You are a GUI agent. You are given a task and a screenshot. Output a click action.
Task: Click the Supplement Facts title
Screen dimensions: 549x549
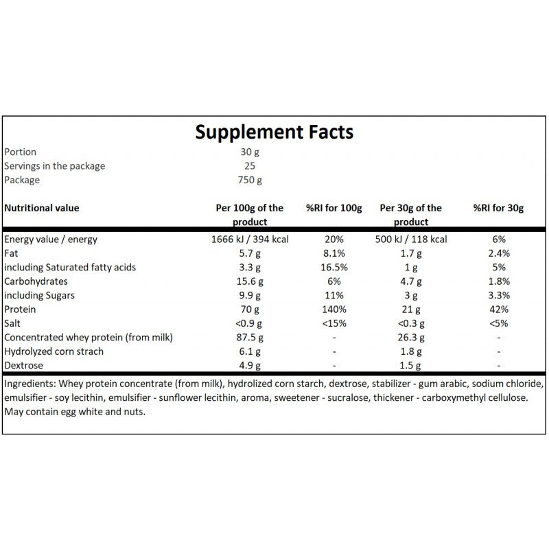pos(274,132)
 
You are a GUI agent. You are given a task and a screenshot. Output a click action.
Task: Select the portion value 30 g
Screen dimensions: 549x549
pos(250,152)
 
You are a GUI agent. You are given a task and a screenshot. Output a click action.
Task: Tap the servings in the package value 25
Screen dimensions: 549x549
pos(250,165)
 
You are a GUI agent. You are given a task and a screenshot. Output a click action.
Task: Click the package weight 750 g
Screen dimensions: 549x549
pos(250,180)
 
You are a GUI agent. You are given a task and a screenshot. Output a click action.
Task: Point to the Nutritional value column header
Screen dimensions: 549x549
pos(42,208)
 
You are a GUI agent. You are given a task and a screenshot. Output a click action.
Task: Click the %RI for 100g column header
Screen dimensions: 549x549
pos(334,208)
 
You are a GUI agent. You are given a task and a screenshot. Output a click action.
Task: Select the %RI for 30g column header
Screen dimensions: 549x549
pos(498,208)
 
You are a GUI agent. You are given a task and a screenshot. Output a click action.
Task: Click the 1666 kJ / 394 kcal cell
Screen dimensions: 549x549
pos(250,239)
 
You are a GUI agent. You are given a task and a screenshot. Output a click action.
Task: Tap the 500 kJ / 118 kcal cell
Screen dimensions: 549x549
pos(410,239)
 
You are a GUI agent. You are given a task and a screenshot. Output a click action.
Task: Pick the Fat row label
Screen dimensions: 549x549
pos(11,253)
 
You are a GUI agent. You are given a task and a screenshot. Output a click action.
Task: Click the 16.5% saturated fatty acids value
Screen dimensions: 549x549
pos(334,267)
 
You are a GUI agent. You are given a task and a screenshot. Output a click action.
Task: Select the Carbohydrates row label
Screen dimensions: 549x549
pos(36,281)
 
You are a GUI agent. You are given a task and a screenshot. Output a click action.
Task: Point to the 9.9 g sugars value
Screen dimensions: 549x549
pos(250,296)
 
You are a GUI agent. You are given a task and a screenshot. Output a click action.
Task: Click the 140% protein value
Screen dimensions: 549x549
pos(334,309)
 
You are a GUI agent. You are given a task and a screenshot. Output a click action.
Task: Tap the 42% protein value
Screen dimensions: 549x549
pos(499,309)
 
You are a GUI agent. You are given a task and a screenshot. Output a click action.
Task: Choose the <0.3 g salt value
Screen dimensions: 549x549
pos(410,323)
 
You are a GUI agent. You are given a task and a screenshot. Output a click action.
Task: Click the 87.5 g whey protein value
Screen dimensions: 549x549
pos(250,338)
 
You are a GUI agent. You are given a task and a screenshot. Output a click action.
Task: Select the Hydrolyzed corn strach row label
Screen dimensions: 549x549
pos(54,351)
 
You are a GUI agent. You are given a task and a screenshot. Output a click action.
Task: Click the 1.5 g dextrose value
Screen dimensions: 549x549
pos(410,366)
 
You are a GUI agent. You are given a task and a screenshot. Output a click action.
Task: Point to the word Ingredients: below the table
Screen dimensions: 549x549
pos(30,384)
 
